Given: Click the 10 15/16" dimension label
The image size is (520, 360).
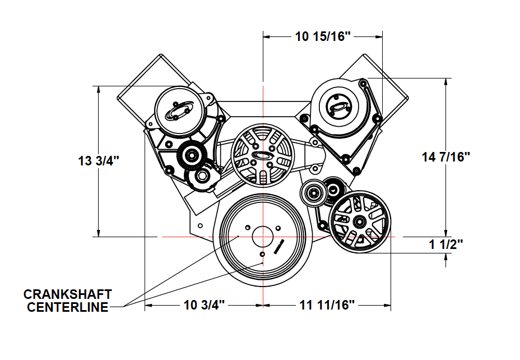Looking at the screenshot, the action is click(323, 36).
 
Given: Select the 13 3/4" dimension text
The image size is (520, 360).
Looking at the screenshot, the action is click(99, 161).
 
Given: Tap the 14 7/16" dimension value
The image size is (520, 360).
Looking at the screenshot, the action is click(446, 156).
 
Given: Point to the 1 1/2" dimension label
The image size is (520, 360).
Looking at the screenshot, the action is click(445, 244).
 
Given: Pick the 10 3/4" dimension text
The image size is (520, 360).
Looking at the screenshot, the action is click(205, 305).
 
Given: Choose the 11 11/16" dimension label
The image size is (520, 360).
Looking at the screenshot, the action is click(327, 305).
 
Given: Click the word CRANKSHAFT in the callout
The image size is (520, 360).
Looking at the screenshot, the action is click(68, 294).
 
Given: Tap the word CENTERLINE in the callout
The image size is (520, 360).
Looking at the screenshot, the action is click(68, 307).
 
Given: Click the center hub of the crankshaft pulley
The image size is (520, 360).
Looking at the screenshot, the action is click(263, 237).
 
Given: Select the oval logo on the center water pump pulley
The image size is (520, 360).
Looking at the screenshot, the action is click(262, 155).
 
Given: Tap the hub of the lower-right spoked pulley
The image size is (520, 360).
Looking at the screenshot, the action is click(359, 221).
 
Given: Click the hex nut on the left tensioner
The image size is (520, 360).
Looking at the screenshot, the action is click(201, 177).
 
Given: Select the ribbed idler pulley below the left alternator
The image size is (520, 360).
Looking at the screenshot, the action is click(192, 155).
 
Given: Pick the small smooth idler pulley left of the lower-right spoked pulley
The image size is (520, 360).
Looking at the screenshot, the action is click(313, 192).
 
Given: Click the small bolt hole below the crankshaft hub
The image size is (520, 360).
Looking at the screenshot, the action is click(263, 254).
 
